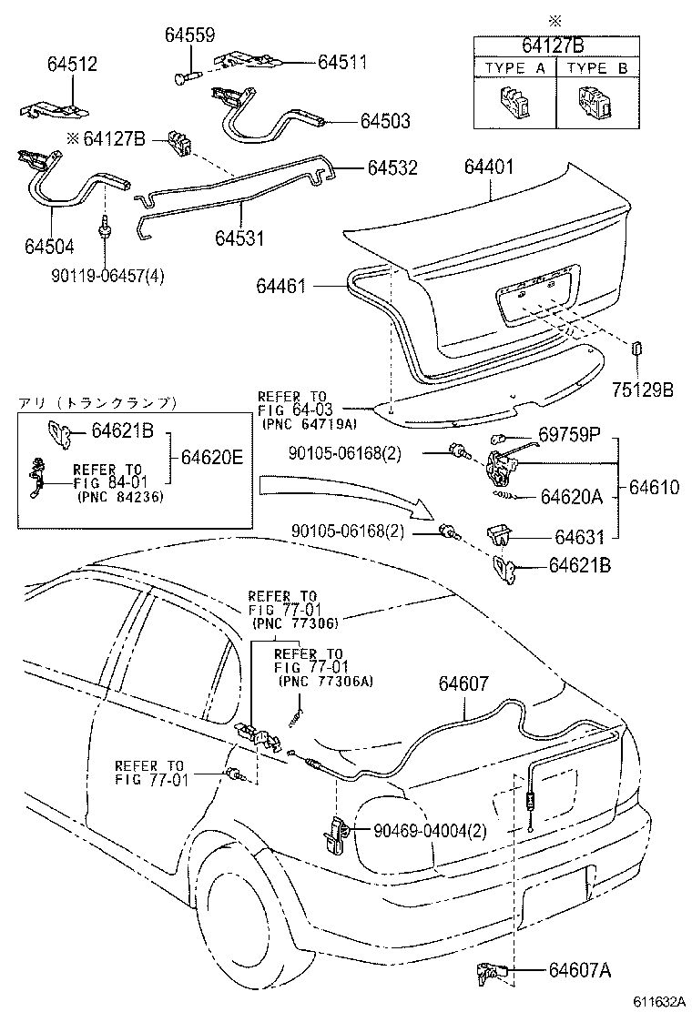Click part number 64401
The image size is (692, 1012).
489,167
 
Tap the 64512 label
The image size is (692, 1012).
72,65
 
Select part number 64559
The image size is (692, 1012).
189,35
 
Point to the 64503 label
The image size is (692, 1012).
384,120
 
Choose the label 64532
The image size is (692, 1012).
392,168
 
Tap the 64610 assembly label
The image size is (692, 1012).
654,488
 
